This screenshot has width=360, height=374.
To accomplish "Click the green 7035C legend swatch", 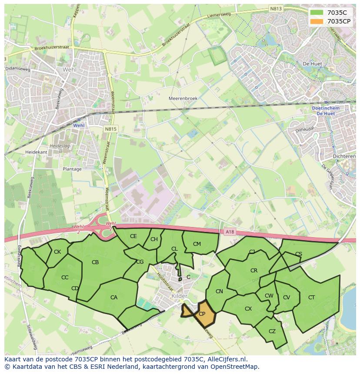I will pyautogui.click(x=317, y=13).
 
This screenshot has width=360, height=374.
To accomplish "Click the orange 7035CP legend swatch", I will pyautogui.click(x=317, y=21).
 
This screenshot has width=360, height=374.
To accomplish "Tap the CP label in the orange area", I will pyautogui.click(x=202, y=314).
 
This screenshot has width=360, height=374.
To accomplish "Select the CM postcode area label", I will pyautogui.click(x=197, y=244).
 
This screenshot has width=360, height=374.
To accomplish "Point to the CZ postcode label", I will pyautogui.click(x=272, y=331).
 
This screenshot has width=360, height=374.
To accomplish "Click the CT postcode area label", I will pyautogui.click(x=311, y=298).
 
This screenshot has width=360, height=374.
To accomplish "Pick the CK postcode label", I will pyautogui.click(x=57, y=252).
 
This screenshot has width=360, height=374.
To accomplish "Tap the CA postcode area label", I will pyautogui.click(x=114, y=298).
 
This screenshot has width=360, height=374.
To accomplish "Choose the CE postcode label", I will pyautogui.click(x=133, y=236).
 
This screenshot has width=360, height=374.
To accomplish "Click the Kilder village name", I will pyautogui.click(x=180, y=296).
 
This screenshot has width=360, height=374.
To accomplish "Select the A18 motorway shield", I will pyautogui.click(x=230, y=232).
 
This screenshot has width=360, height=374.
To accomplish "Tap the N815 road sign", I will pyautogui.click(x=110, y=129).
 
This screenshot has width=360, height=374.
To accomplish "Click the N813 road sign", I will pyautogui.click(x=275, y=8).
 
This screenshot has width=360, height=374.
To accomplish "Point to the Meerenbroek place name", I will pyautogui.click(x=183, y=99).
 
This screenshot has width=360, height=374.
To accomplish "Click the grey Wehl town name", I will pyautogui.click(x=70, y=70).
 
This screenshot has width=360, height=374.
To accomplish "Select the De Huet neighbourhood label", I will pyautogui.click(x=312, y=64).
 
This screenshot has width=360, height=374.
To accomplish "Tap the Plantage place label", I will pyautogui.click(x=72, y=169).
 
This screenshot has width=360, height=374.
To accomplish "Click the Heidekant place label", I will pyautogui.click(x=36, y=152).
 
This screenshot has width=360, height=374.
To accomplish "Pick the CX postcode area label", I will pyautogui.click(x=248, y=309).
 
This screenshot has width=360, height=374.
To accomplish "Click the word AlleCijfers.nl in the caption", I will pyautogui.click(x=226, y=359).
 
